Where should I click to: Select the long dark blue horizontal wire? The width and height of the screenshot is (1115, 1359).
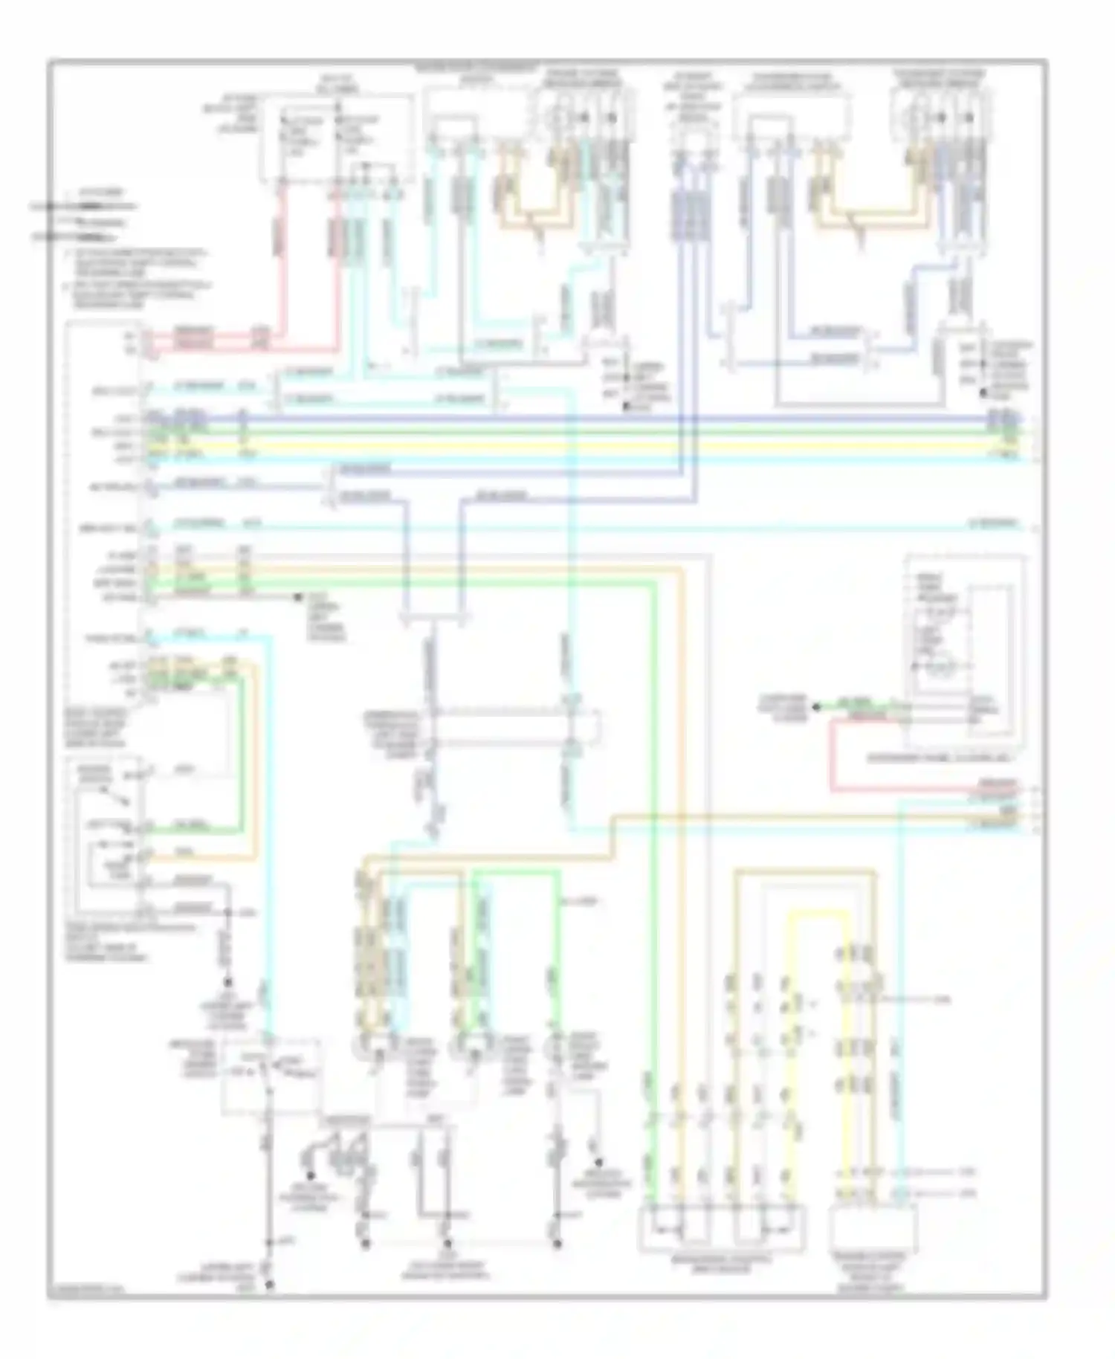coord(595,419)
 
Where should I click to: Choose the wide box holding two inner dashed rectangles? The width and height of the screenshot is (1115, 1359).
coord(721,1227)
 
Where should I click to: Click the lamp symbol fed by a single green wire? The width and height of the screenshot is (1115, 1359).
coord(554,1045)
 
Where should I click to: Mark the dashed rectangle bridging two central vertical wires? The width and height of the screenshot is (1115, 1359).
coord(513,726)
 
